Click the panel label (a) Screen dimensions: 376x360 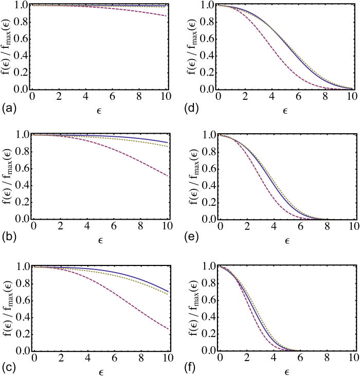pos(8,110)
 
